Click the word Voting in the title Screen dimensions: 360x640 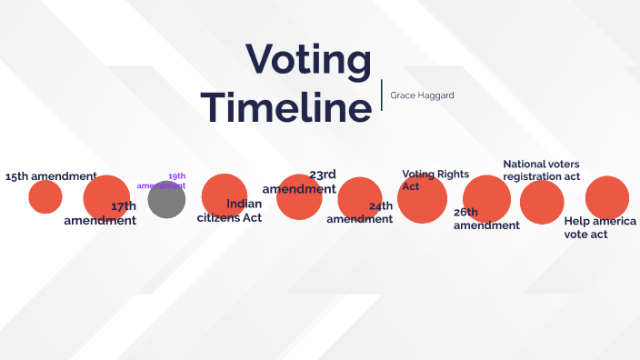[x=309, y=62]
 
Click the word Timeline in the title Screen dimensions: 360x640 [x=286, y=106]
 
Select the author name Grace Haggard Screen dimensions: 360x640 [x=422, y=95]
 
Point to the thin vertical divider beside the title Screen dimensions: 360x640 [x=382, y=95]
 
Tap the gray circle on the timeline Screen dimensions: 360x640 [x=166, y=200]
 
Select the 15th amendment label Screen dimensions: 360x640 [x=51, y=176]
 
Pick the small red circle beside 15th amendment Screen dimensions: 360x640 [x=45, y=197]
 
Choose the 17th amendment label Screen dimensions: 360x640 [x=101, y=214]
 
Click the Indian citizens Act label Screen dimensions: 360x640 [x=230, y=211]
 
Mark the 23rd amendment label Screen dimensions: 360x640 [x=300, y=182]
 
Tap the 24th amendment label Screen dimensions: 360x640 [x=361, y=213]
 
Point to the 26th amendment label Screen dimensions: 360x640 [x=486, y=219]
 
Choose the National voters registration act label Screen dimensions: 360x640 [x=541, y=170]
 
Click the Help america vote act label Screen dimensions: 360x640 [x=600, y=227]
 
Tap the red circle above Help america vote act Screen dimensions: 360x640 [x=607, y=198]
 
